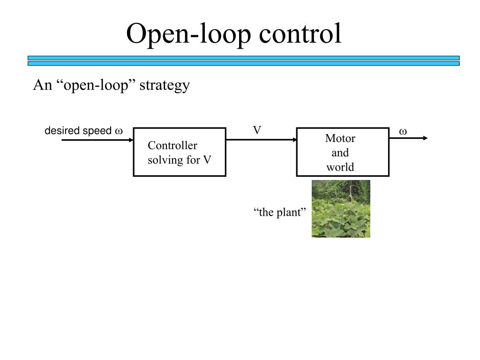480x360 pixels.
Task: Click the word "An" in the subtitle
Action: [40, 85]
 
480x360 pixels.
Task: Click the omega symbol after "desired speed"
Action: [119, 131]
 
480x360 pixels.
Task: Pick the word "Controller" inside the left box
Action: [172, 146]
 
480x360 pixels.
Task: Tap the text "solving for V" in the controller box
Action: [180, 160]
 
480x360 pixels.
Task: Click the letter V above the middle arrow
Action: [257, 130]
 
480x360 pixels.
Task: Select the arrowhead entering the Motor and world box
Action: [293, 140]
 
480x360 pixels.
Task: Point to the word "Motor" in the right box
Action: [340, 139]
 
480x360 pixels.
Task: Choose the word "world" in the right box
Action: [340, 167]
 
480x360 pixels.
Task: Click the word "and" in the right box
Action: [340, 153]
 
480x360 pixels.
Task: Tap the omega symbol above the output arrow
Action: [403, 132]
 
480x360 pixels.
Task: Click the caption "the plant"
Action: [280, 212]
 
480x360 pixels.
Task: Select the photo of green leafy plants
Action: [341, 209]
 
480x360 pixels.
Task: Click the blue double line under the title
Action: [243, 60]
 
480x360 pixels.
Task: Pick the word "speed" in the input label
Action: [97, 131]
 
